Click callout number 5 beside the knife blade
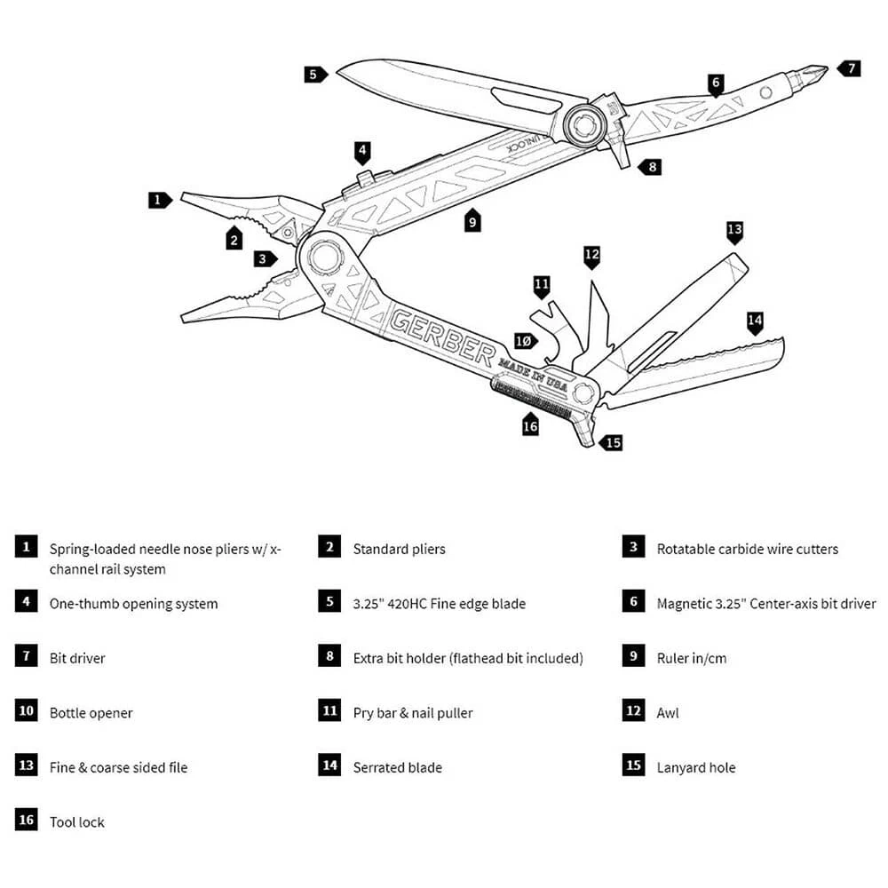point(314,74)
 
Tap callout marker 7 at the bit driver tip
point(850,67)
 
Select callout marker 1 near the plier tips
point(159,200)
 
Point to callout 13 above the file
point(734,231)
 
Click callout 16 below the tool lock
point(530,426)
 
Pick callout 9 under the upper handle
point(472,221)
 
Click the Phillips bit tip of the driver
point(816,74)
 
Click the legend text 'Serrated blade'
point(397,767)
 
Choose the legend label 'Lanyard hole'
point(695,767)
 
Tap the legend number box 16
point(26,819)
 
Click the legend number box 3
point(632,547)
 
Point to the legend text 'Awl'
point(668,713)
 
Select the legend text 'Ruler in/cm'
point(691,658)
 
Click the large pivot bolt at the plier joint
point(323,257)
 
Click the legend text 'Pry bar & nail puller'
point(412,713)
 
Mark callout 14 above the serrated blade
point(755,321)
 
